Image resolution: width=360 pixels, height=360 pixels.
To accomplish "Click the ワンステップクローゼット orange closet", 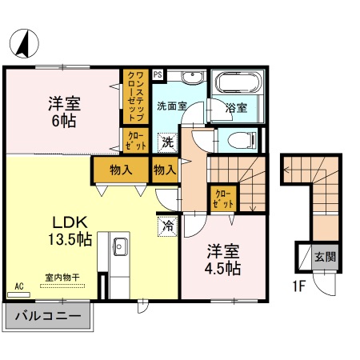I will [x=134, y=95].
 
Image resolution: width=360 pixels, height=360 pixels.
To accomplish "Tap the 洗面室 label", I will [x=171, y=105].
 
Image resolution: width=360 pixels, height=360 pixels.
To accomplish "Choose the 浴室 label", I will [x=235, y=106].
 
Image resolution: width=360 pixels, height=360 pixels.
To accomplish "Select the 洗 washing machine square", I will [x=167, y=142].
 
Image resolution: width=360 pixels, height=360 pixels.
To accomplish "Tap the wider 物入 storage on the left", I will [x=122, y=170].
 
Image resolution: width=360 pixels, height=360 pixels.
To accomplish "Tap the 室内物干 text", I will [x=61, y=277].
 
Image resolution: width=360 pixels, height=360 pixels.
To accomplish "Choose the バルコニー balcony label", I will [x=48, y=316].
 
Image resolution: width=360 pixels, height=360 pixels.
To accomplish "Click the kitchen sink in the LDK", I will [x=119, y=246].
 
